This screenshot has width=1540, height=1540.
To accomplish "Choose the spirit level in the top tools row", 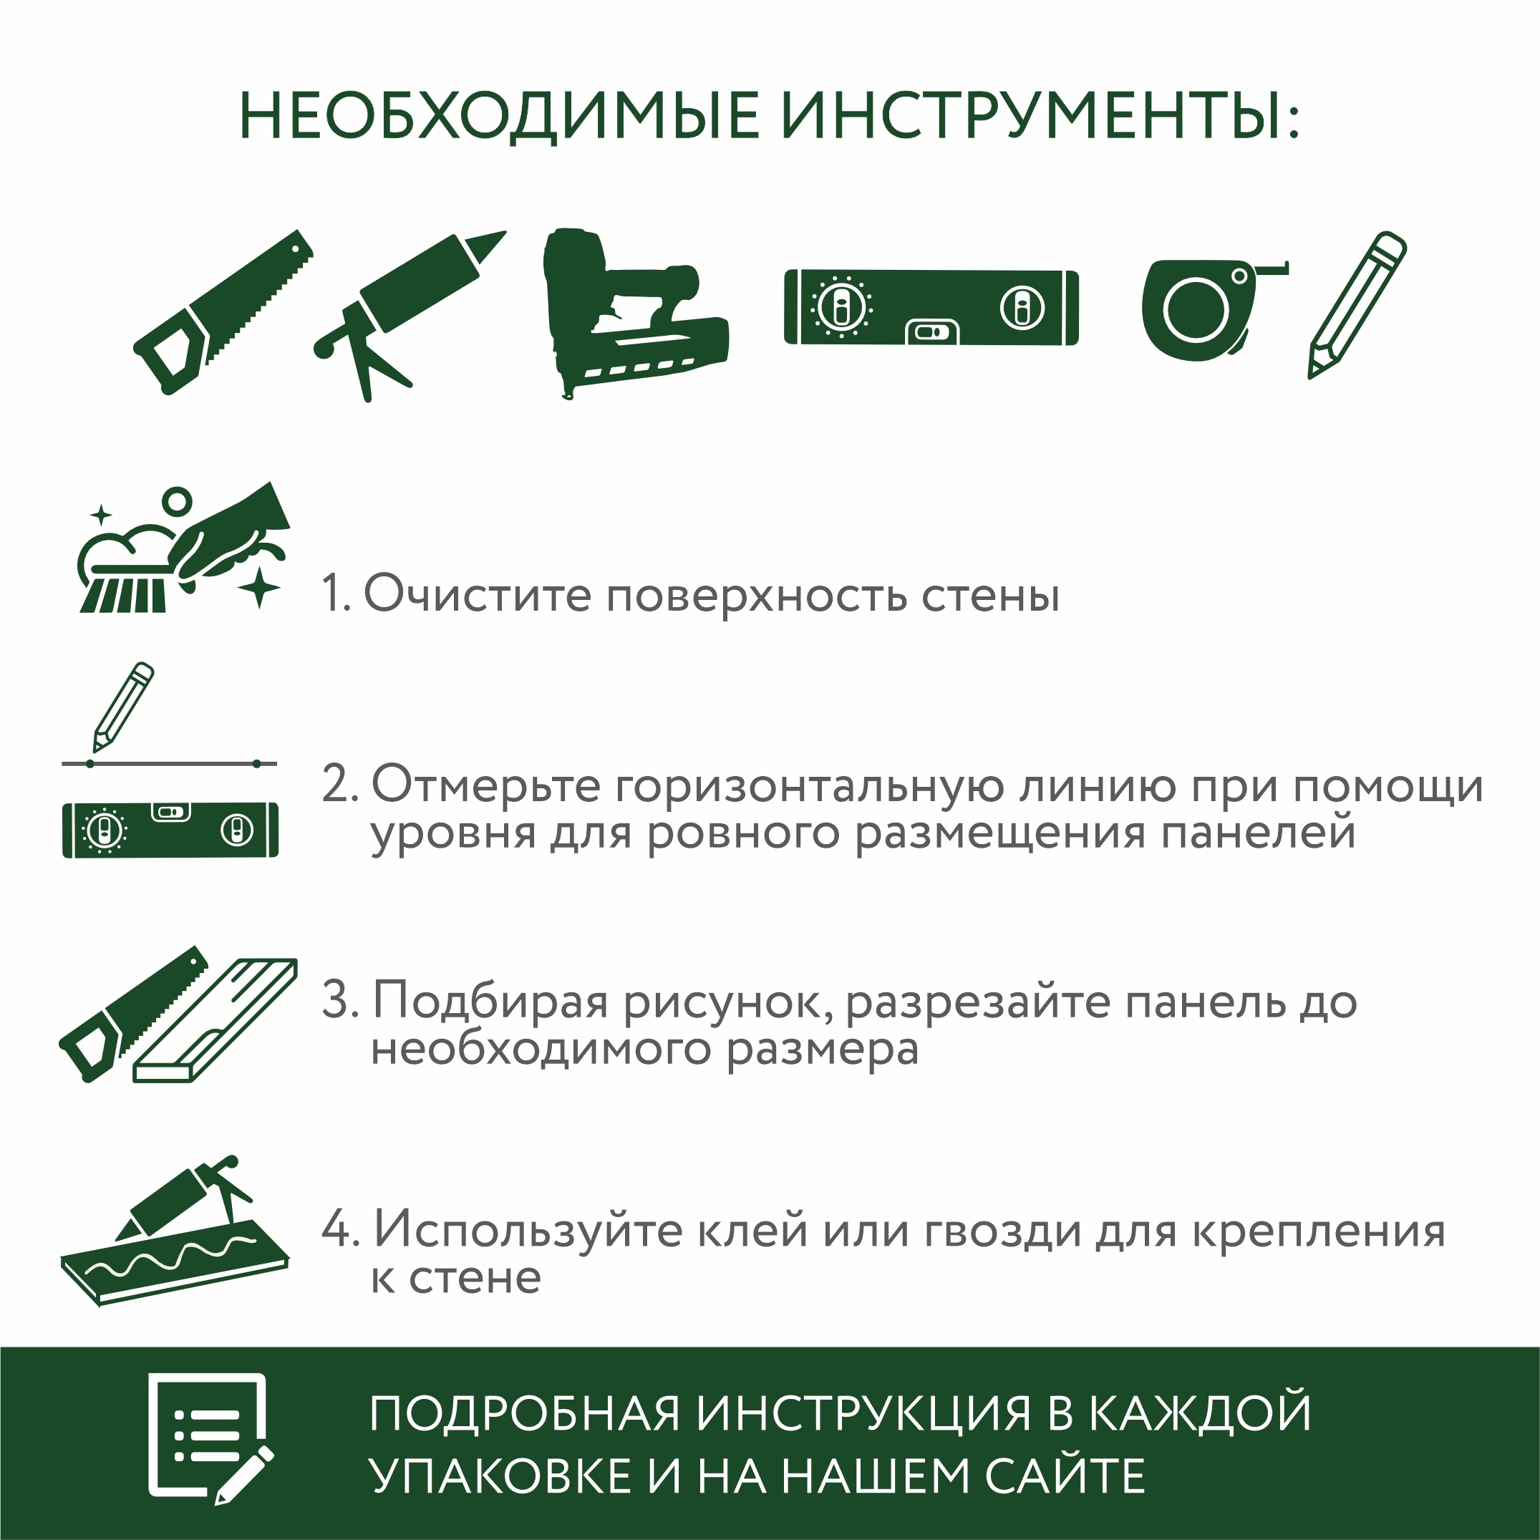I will pos(931,308).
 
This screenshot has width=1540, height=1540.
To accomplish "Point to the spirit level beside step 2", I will pos(170,830).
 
